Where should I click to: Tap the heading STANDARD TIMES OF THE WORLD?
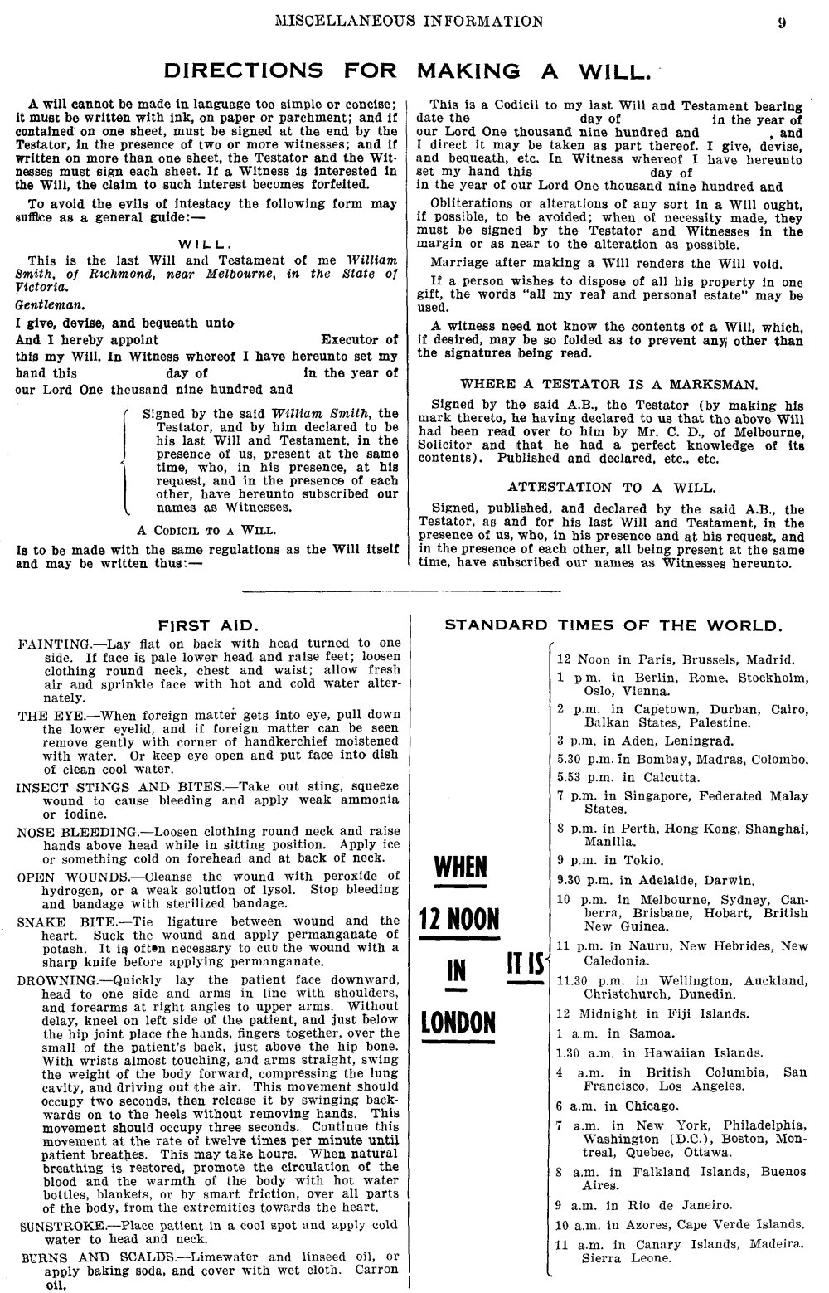point(613,625)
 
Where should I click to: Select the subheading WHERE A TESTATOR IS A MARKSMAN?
point(608,384)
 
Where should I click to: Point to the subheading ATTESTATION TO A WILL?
point(612,487)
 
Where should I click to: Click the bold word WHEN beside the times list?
point(460,868)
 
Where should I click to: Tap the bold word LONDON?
point(458,1021)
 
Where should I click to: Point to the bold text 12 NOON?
point(459,919)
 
